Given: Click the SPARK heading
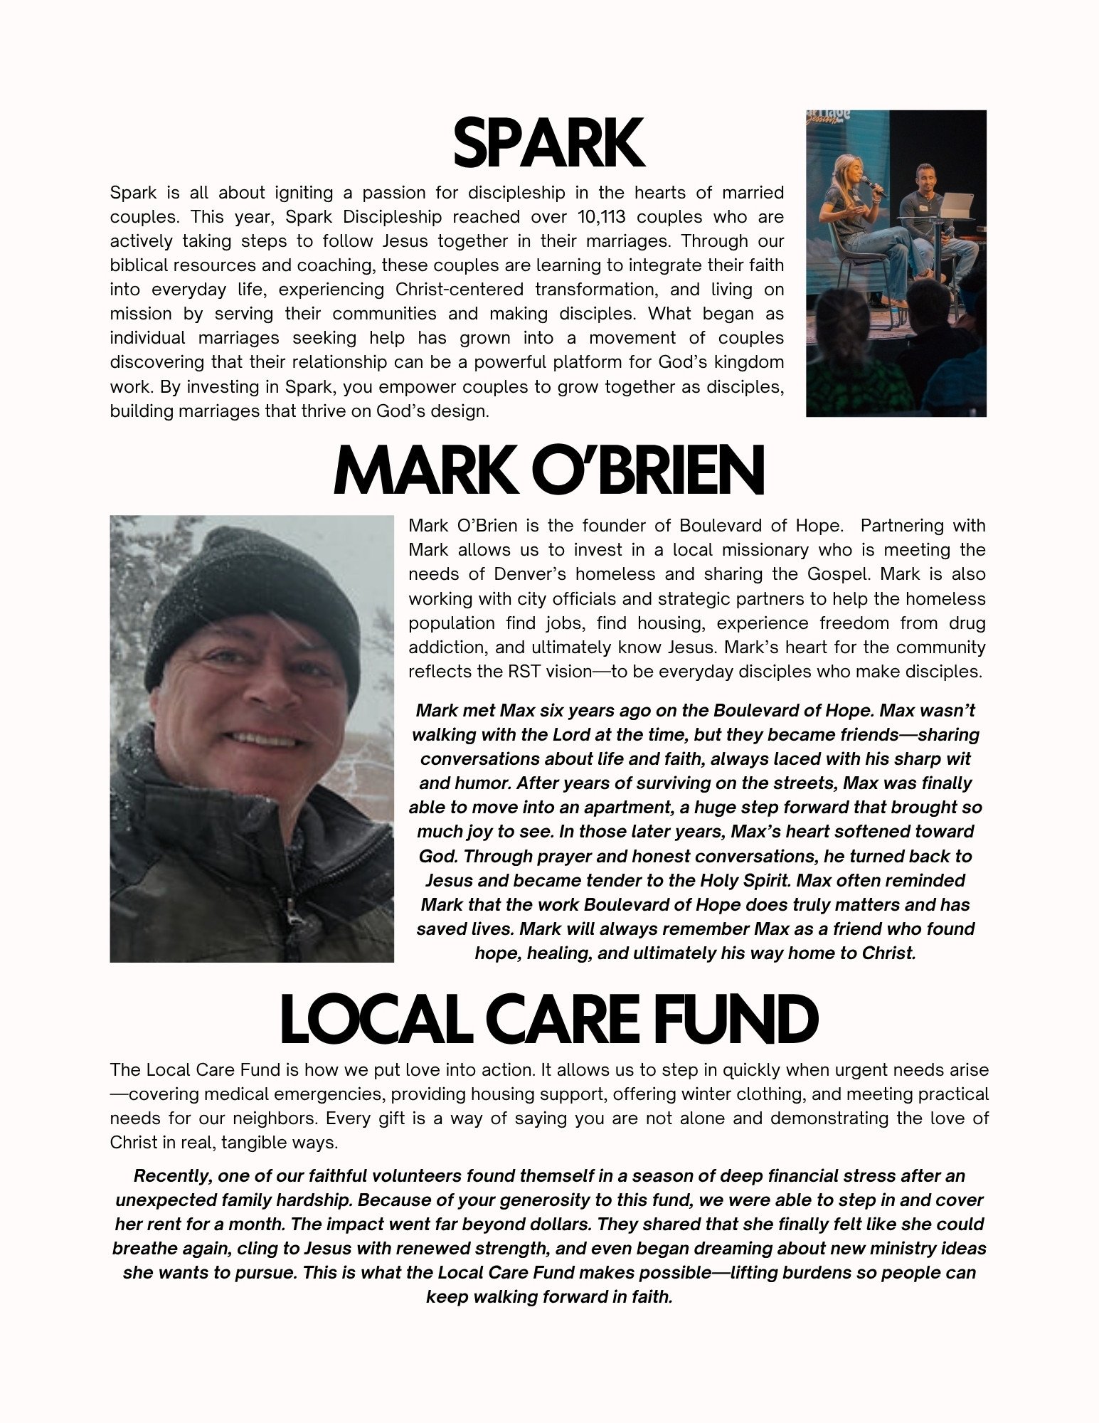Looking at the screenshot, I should [x=548, y=144].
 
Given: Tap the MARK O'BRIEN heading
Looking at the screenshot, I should [x=548, y=471].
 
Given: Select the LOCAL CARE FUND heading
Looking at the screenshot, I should [x=548, y=1020].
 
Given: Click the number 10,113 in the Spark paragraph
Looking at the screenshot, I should [x=601, y=217].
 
